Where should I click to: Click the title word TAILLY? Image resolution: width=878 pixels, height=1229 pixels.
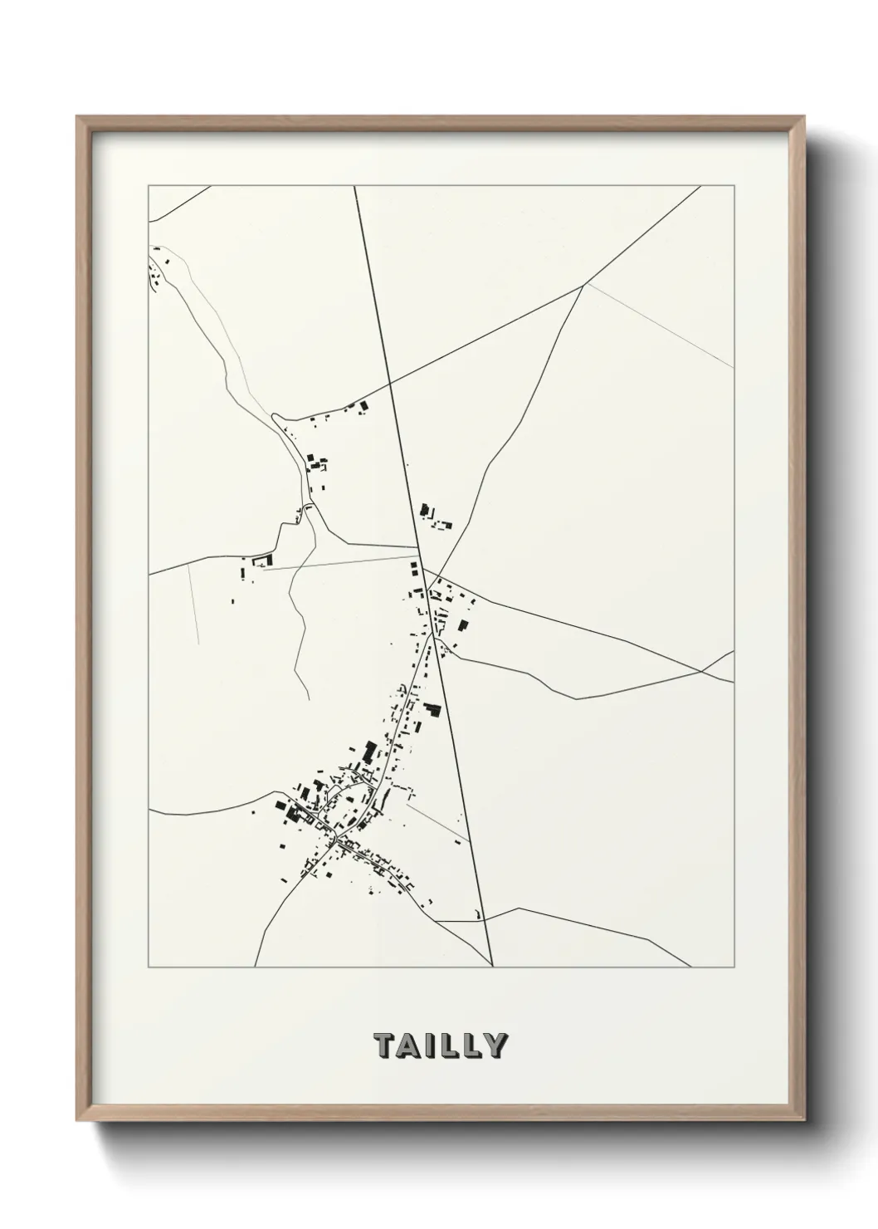coord(439,1045)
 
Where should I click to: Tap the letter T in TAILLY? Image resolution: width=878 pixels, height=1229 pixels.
coord(384,1045)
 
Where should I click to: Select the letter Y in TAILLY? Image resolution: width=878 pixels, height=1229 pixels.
coord(495,1045)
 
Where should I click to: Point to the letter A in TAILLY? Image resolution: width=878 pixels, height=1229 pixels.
coord(409,1045)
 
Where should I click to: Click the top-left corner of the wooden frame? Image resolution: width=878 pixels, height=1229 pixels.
coord(78,117)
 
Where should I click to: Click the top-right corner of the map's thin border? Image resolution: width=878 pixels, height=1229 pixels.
coord(734,185)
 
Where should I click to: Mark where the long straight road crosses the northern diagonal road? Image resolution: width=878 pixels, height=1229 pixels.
coord(390,384)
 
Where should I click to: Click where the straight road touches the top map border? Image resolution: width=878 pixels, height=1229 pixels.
coord(354,185)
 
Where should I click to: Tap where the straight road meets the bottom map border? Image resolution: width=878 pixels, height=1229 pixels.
coord(493,967)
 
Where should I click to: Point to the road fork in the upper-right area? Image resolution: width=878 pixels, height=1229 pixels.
coord(584,284)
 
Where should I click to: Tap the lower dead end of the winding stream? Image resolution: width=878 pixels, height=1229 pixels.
coord(310,700)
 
